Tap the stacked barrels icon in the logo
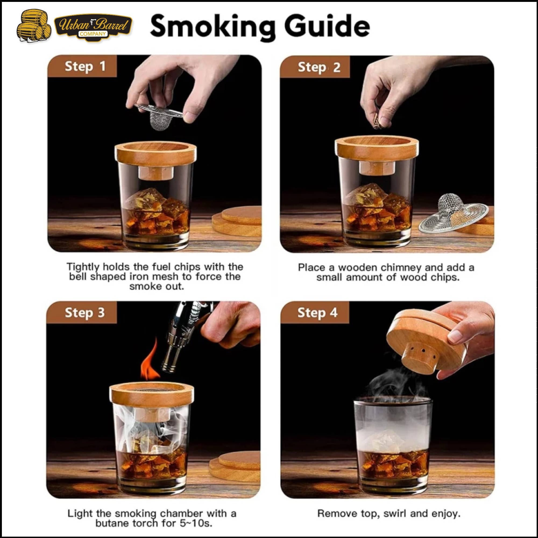pos(34,26)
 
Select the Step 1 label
pos(85,66)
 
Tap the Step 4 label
pos(317,312)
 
